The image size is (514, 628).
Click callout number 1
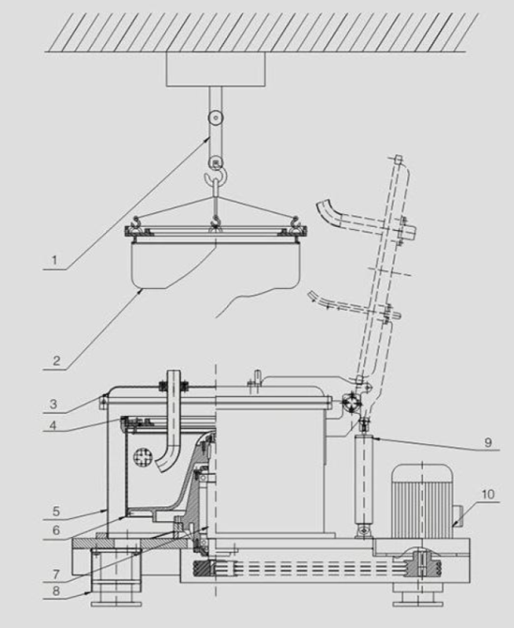(54, 261)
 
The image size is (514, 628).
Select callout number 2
(57, 360)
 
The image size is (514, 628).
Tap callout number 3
(53, 403)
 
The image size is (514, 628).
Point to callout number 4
(53, 425)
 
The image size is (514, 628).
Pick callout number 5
(56, 511)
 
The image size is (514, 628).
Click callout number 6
(56, 531)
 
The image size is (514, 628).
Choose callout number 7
(56, 575)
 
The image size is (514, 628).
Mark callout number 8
(56, 591)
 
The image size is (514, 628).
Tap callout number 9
(488, 442)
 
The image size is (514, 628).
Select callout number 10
(487, 495)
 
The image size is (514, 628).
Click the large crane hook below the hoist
(215, 177)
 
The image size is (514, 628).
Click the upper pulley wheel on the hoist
(215, 118)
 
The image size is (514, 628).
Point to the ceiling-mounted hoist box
(215, 70)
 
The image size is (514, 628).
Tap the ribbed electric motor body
(423, 502)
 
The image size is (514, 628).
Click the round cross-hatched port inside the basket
(143, 458)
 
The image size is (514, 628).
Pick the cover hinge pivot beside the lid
(351, 403)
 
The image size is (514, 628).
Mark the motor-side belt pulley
(422, 563)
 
